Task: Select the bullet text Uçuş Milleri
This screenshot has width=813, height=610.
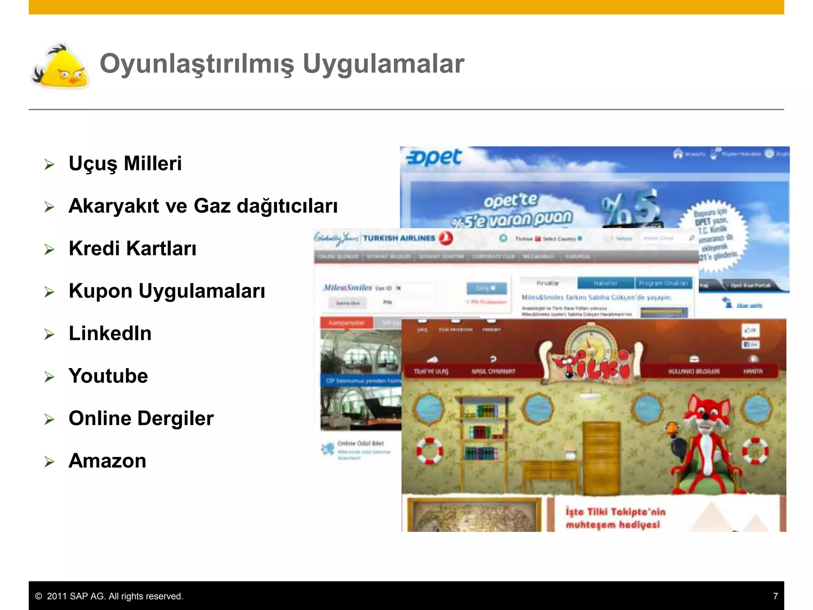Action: [125, 163]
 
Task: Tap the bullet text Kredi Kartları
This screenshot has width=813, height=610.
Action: [132, 248]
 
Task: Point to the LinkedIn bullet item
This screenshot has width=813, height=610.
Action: [110, 333]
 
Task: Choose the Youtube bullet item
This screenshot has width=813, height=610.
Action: [108, 376]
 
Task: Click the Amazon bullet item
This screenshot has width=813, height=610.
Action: [107, 461]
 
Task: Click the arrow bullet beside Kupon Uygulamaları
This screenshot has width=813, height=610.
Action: [49, 292]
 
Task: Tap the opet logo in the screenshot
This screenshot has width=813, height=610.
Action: [433, 158]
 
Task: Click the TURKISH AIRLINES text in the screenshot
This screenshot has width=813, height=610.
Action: [399, 238]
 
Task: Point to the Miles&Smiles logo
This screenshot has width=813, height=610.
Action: [347, 288]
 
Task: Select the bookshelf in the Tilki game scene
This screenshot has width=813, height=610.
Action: [482, 433]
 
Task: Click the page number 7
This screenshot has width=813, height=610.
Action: [775, 596]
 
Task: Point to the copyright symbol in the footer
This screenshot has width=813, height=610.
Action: [39, 596]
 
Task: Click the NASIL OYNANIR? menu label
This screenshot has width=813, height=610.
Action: [493, 371]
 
